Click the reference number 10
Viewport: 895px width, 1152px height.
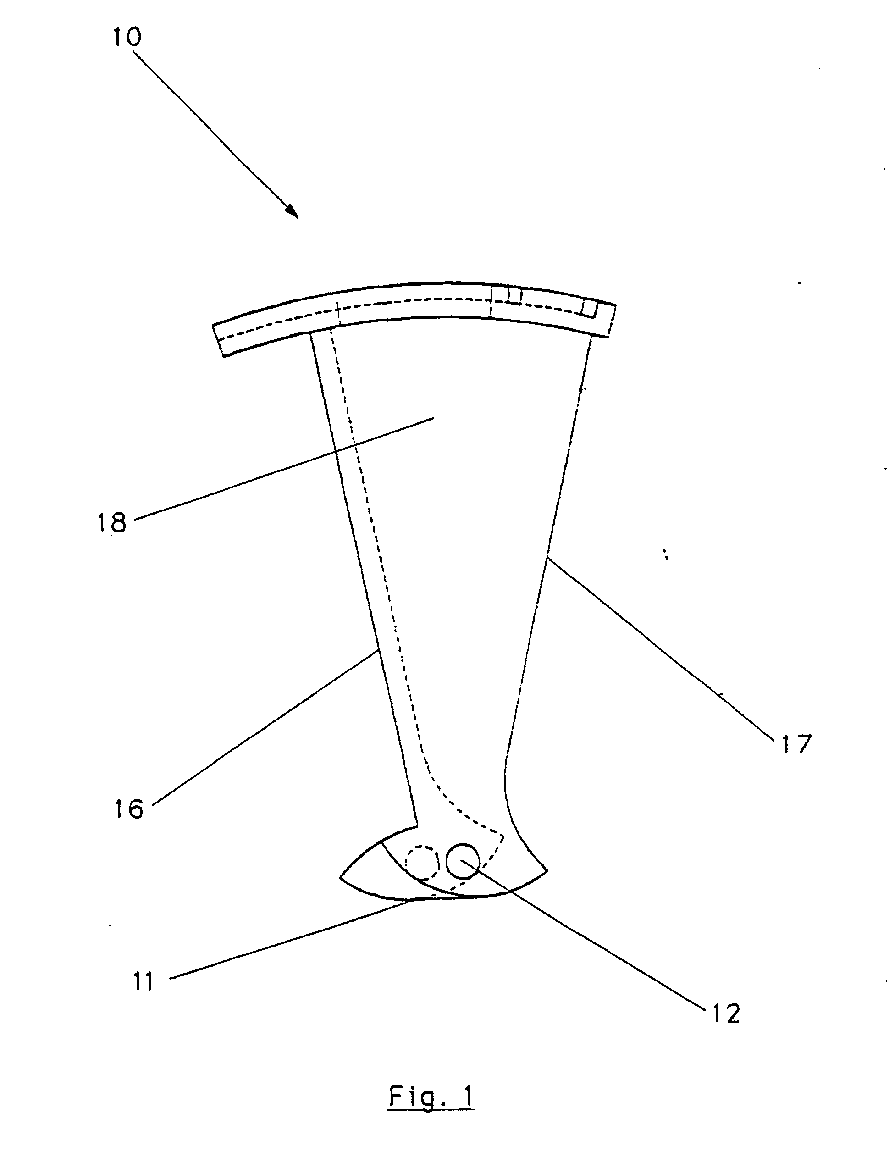[127, 38]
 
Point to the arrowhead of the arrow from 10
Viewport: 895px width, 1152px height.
[292, 211]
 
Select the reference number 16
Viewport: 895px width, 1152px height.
[129, 809]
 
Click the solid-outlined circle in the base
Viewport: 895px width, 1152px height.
[462, 861]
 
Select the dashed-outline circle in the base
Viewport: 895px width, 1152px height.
[422, 863]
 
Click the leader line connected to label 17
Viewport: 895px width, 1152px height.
[659, 649]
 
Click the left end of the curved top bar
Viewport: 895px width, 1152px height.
[219, 340]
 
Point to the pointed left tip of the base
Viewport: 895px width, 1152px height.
[342, 878]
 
